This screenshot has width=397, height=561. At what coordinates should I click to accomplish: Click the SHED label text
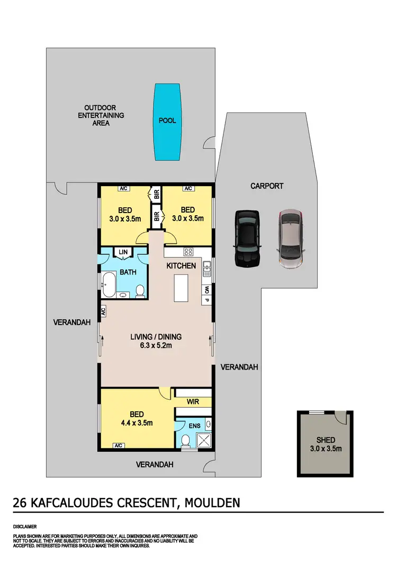tap(326, 440)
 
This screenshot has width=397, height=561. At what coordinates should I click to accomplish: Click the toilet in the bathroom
tap(140, 290)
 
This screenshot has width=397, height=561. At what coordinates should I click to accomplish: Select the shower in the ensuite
tap(203, 439)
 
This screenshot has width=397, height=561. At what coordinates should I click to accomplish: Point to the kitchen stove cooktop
tap(188, 252)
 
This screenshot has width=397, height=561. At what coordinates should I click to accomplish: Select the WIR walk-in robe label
tap(193, 402)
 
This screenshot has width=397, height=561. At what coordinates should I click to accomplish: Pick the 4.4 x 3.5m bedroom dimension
tap(135, 423)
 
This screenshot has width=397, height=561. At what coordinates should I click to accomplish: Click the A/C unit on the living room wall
tap(104, 311)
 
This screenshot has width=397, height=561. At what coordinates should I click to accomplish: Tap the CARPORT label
tap(267, 186)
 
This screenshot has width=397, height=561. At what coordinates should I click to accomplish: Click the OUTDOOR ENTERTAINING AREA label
tap(101, 115)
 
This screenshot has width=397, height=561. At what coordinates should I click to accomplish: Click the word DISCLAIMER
tap(25, 527)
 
